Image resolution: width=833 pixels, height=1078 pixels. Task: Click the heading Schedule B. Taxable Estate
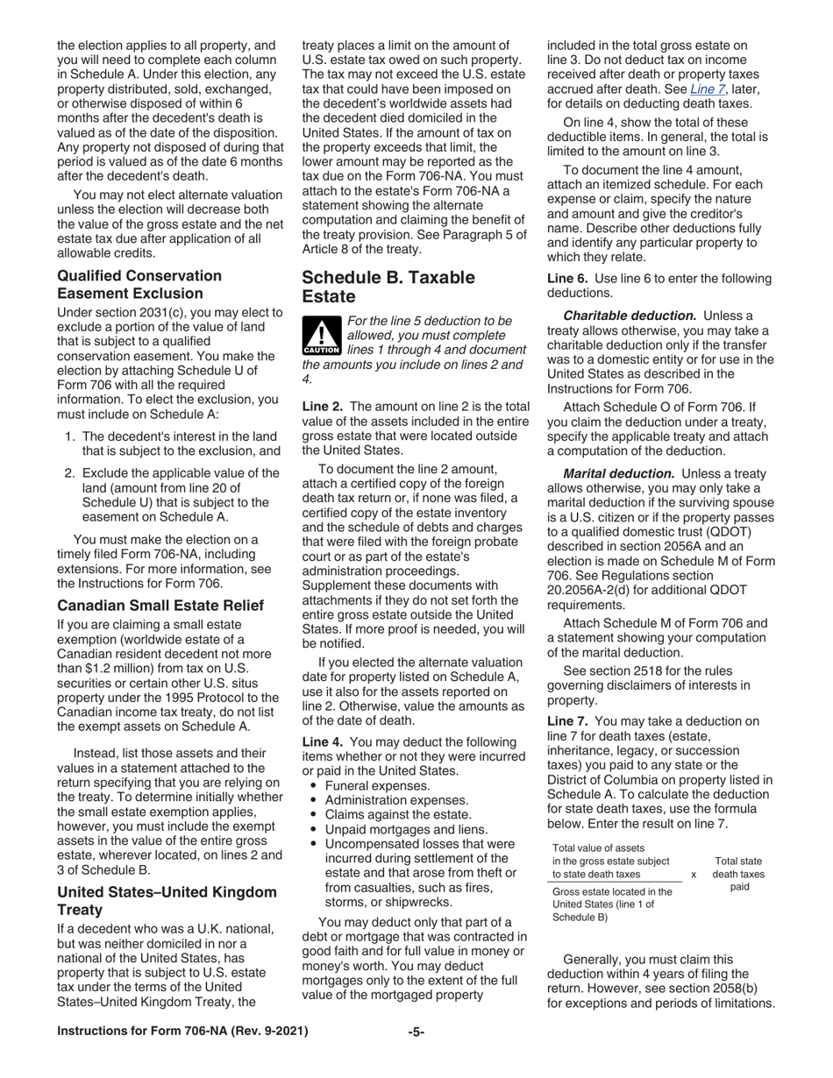[x=388, y=287]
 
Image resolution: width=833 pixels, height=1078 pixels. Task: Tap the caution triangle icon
[x=321, y=337]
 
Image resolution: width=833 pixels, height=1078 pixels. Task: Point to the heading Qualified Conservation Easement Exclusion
[x=139, y=284]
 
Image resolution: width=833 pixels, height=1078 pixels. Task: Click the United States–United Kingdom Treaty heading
[x=167, y=901]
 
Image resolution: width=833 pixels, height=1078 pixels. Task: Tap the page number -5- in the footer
[x=416, y=1032]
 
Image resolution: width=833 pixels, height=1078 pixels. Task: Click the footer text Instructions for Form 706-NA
[x=182, y=1032]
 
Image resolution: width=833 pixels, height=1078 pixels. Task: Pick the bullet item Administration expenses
[x=396, y=800]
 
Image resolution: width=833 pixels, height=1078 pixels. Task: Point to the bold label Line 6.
[x=567, y=279]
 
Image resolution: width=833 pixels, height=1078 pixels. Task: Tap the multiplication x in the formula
[x=694, y=874]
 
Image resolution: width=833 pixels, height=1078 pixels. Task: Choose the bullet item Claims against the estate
[x=398, y=815]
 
